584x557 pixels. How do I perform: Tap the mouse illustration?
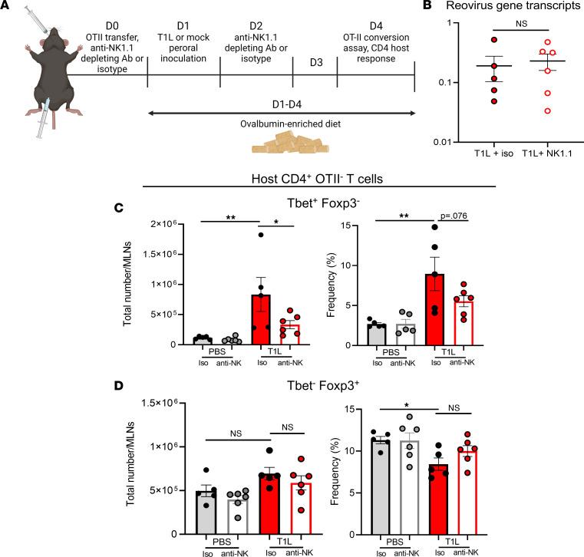[x=35, y=91]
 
